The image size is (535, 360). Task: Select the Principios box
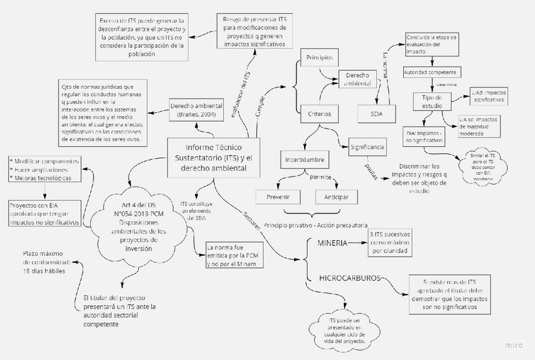tap(319, 58)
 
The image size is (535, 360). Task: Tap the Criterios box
tap(319, 114)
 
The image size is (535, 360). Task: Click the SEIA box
tap(382, 114)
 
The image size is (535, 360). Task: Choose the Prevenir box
tap(278, 197)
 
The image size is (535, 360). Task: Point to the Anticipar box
tap(336, 197)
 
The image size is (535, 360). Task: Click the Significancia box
tap(367, 147)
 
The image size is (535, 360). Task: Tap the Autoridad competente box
tap(429, 73)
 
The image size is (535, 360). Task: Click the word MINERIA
tap(331, 243)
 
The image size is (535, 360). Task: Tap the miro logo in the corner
tap(514, 345)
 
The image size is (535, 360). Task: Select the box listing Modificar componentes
tap(45, 170)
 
